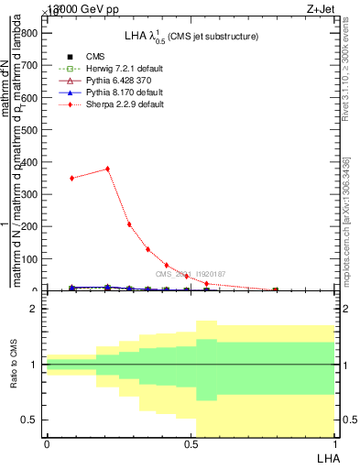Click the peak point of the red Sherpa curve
(x=108, y=169)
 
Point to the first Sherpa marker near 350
(x=72, y=178)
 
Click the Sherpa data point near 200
(x=129, y=224)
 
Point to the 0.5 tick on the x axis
(x=191, y=444)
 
